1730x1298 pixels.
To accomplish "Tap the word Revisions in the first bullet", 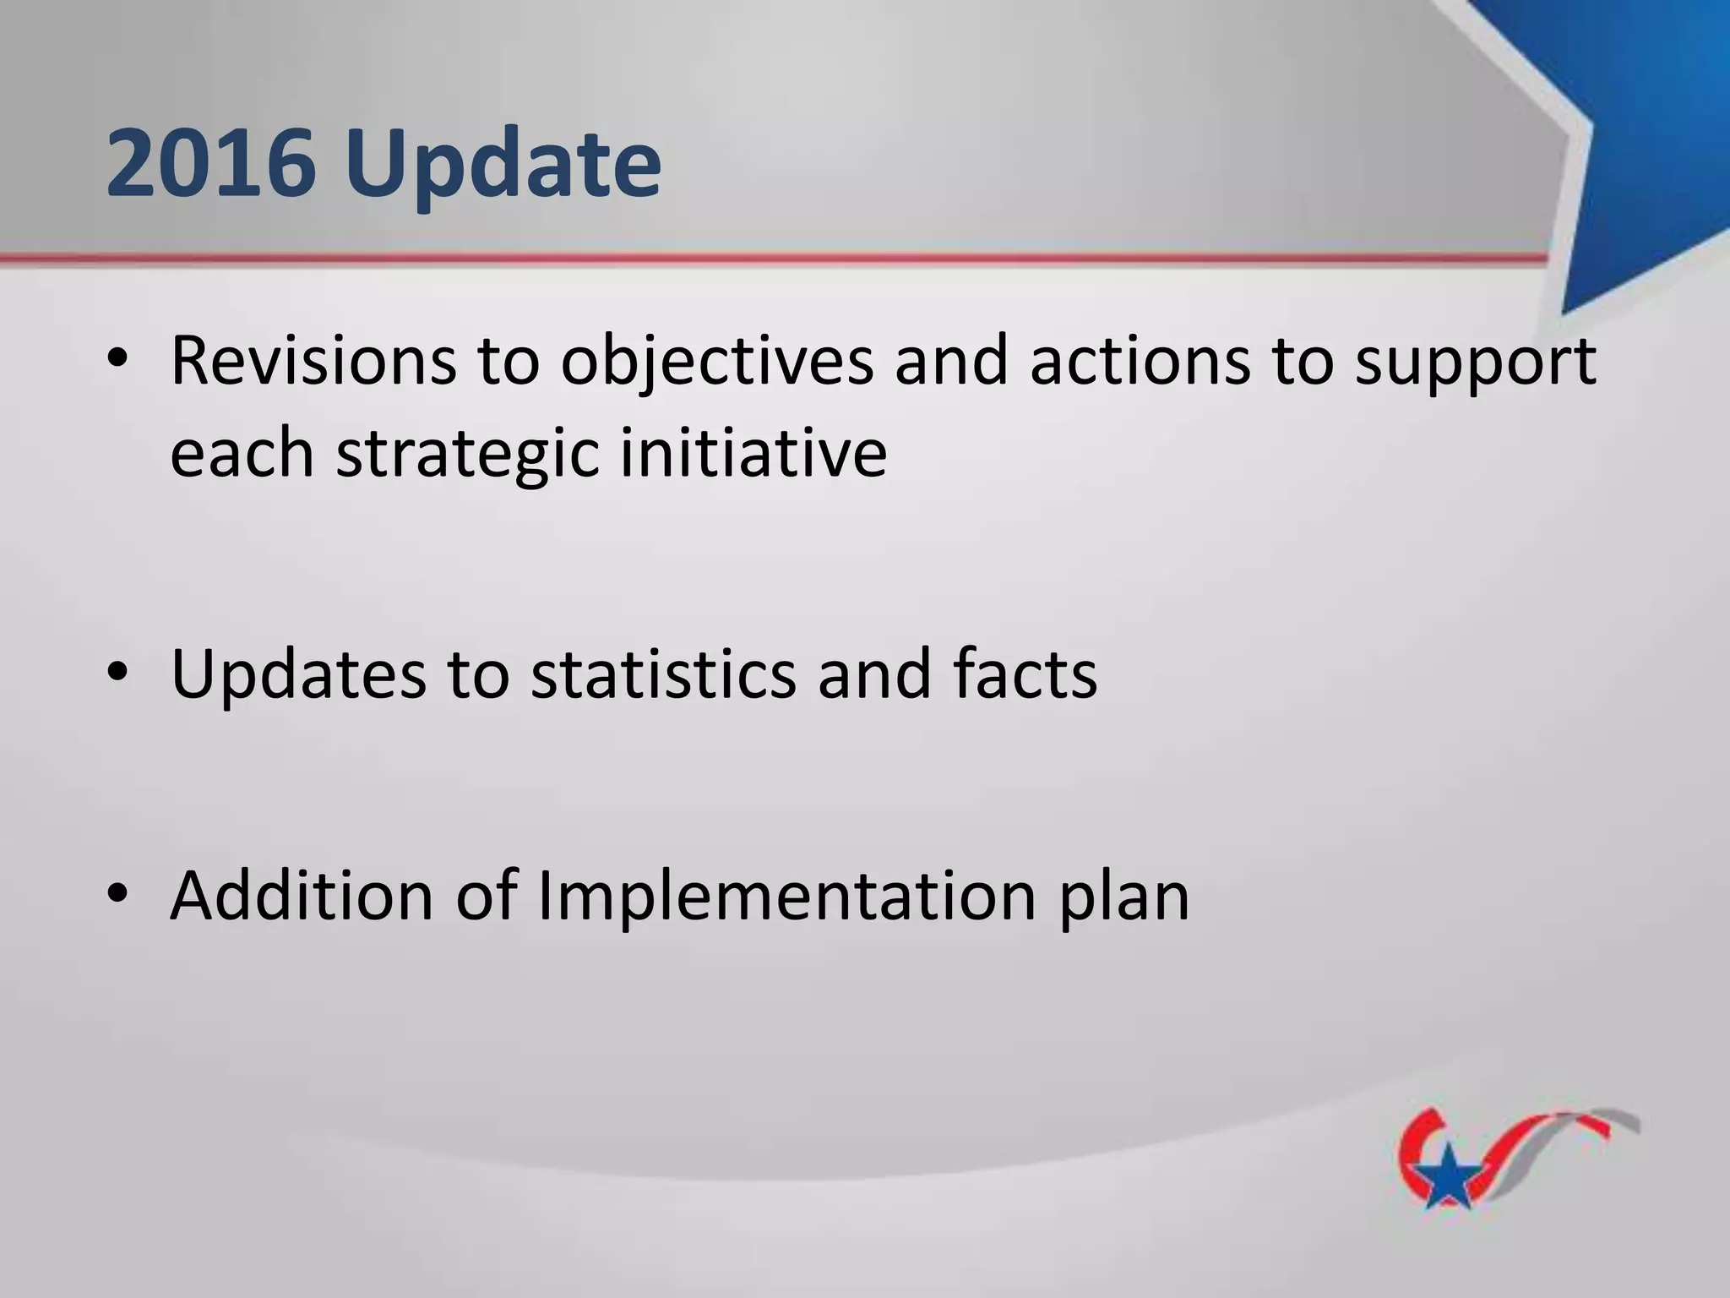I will (312, 361).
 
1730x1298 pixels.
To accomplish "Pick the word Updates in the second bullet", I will (298, 674).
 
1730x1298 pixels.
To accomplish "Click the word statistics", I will (663, 674).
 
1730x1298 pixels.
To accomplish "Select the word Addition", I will (302, 895).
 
